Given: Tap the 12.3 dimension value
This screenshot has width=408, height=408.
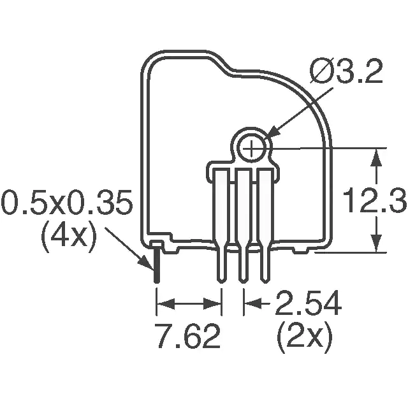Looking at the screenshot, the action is click(375, 201).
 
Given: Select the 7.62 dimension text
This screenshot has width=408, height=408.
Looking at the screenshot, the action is click(188, 336).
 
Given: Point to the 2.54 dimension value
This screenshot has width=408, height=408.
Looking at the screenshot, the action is click(309, 303).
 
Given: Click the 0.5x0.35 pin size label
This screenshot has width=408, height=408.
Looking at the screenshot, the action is click(67, 201).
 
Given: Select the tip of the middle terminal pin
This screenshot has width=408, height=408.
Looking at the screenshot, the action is click(243, 282).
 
